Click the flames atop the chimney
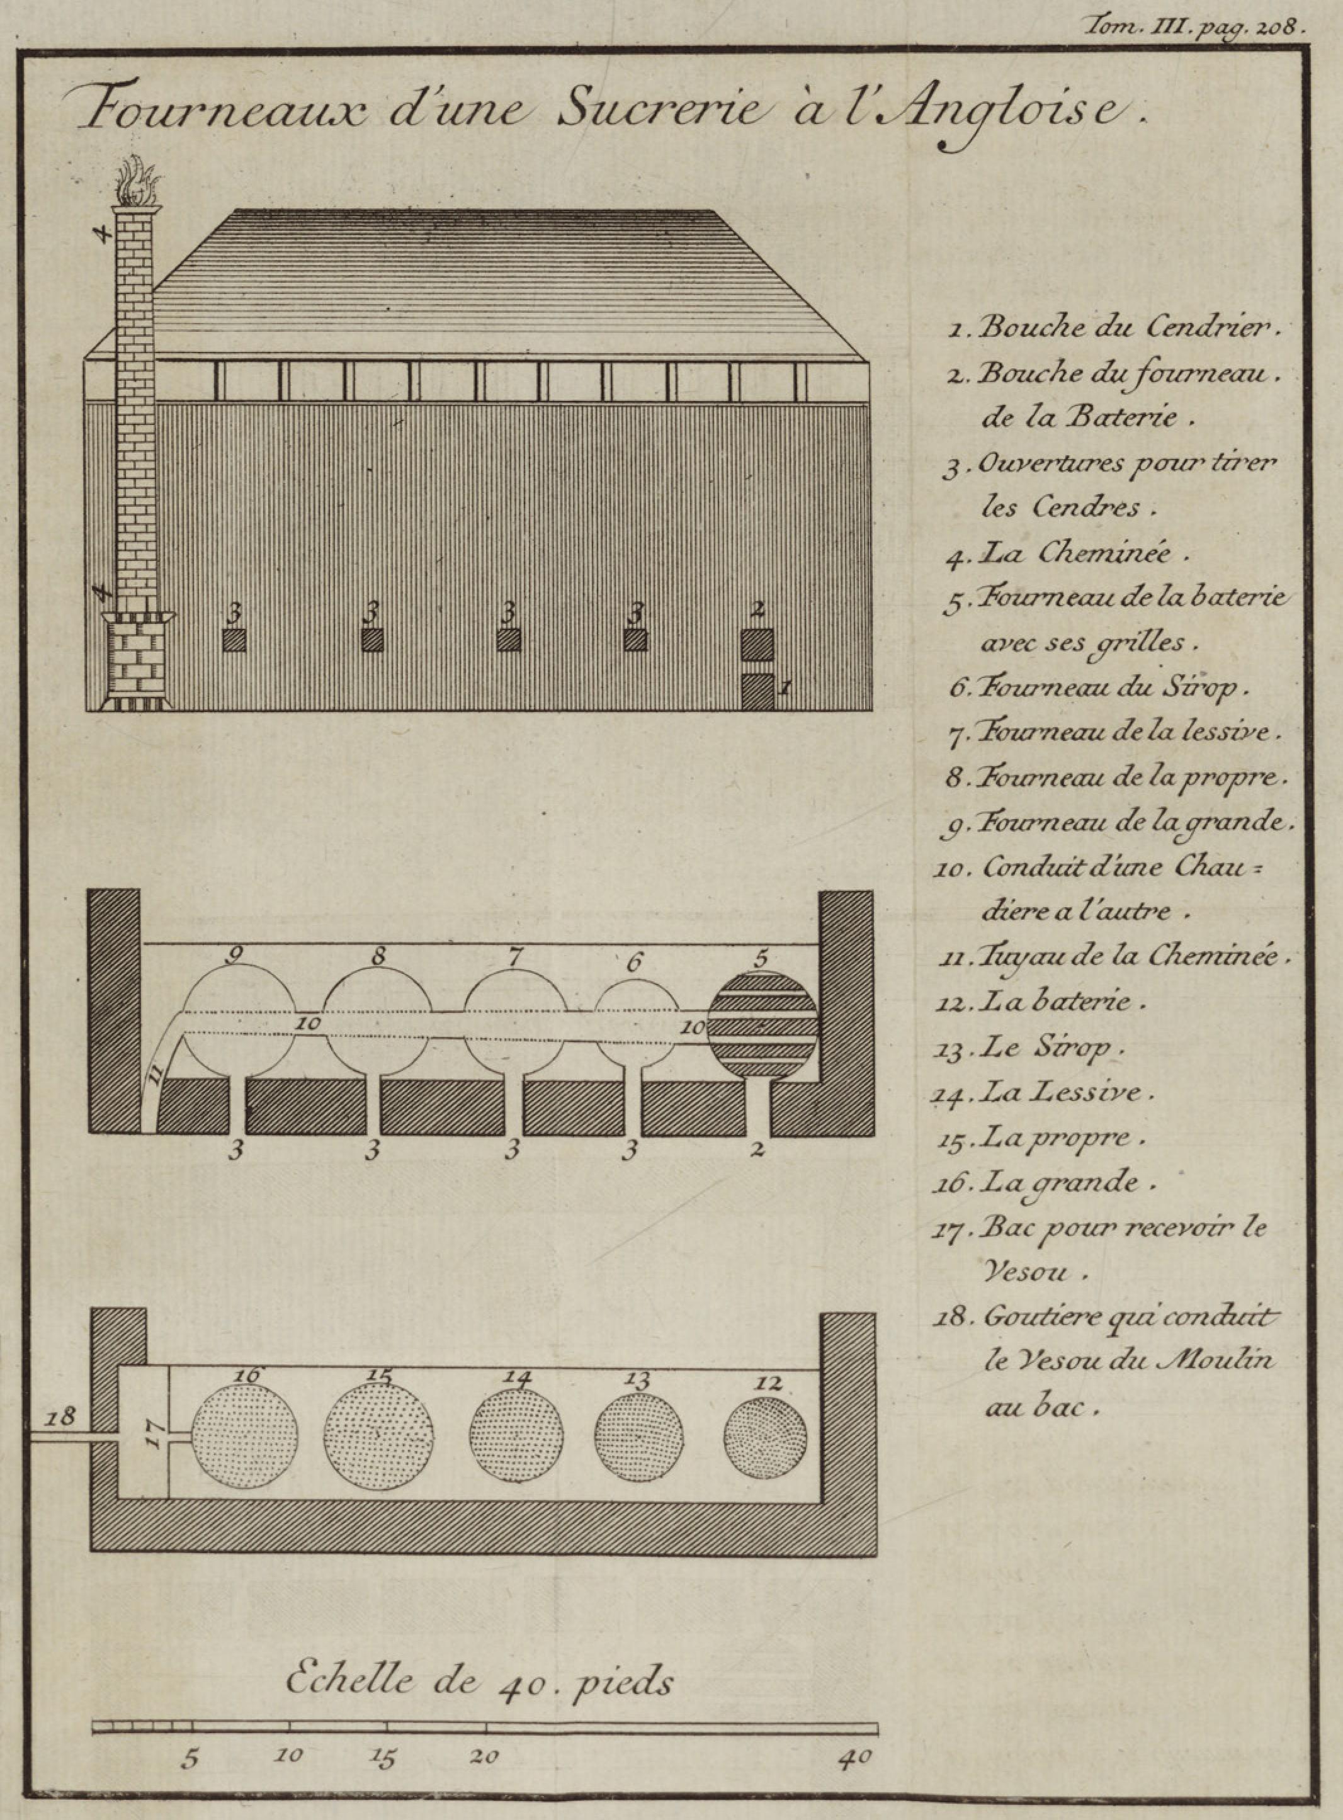[x=137, y=183]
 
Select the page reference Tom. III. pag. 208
[x=1195, y=26]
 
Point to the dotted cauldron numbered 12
[x=765, y=1438]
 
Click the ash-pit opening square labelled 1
[x=757, y=692]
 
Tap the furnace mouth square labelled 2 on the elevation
[x=757, y=644]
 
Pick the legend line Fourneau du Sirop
[x=1097, y=687]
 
